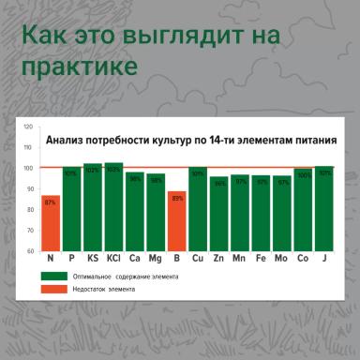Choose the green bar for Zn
click(219, 214)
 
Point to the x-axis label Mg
click(156, 258)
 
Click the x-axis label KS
click(93, 258)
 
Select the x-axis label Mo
click(282, 258)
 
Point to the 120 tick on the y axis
click(28, 127)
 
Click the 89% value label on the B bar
click(174, 198)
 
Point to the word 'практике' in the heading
click(79, 68)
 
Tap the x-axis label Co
click(303, 258)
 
